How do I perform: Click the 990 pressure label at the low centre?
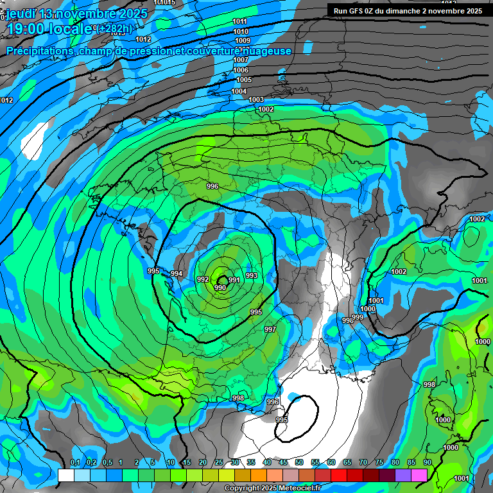click(220, 288)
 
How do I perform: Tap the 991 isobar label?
click(234, 280)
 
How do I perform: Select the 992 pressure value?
click(202, 280)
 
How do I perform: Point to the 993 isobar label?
click(252, 275)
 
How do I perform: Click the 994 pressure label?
click(176, 274)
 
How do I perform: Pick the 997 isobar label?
click(270, 329)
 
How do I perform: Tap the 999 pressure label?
click(358, 317)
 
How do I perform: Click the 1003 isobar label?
click(256, 99)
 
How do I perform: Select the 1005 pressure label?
click(244, 80)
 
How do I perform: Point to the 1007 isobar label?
click(241, 60)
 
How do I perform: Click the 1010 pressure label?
click(241, 31)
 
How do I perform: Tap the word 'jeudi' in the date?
click(23, 13)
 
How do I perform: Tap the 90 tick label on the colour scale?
click(427, 463)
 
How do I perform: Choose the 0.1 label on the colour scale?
click(75, 463)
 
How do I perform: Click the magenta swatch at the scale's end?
click(419, 475)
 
